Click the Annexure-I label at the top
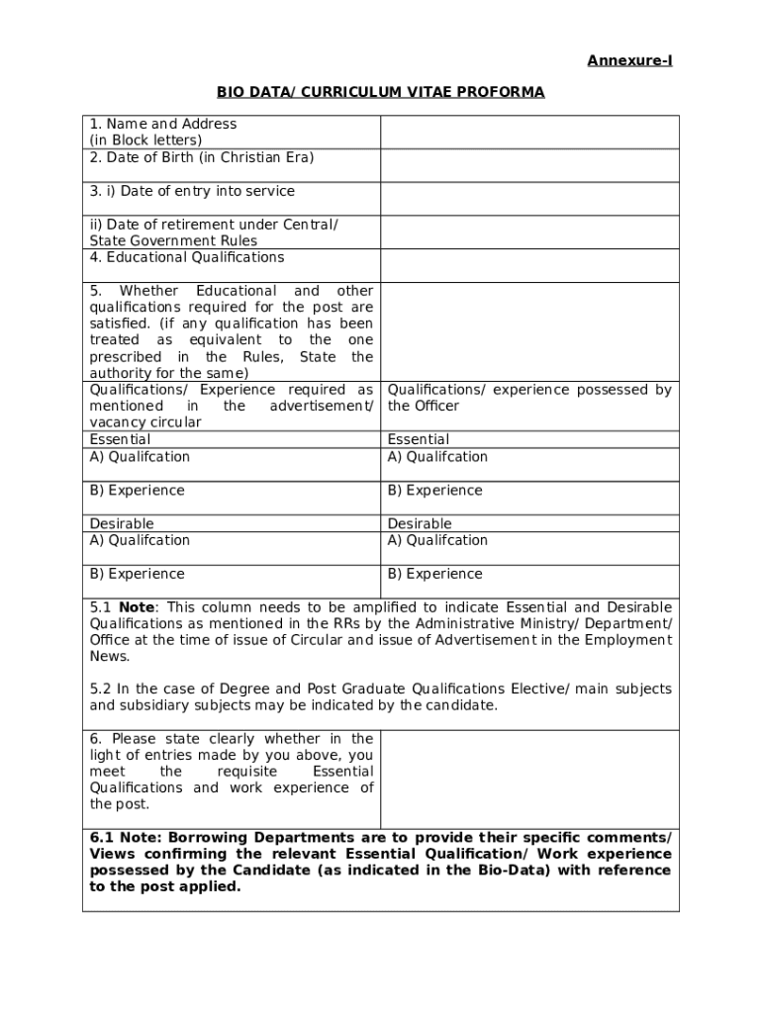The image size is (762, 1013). (x=629, y=61)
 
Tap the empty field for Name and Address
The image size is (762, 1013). (x=529, y=132)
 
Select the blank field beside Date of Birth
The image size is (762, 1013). (x=529, y=165)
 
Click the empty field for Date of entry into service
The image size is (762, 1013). (x=529, y=199)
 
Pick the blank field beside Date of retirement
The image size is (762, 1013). (x=529, y=232)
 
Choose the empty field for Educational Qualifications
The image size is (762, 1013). (x=529, y=265)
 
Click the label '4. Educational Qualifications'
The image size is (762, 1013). (x=187, y=257)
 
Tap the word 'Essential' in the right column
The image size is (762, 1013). (x=418, y=439)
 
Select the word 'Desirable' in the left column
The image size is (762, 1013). (x=122, y=523)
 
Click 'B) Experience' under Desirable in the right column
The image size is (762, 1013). (x=435, y=574)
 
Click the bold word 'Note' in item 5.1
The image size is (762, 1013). (x=136, y=606)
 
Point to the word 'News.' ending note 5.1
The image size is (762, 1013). (x=109, y=656)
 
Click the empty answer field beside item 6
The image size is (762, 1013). (x=529, y=780)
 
